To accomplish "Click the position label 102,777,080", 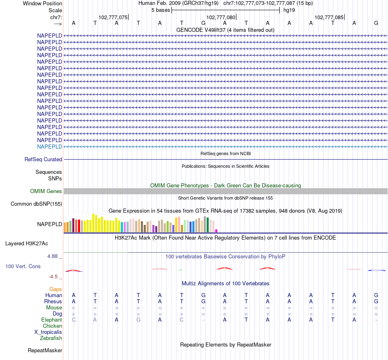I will pos(221,17).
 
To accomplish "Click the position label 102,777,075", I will pos(113,17).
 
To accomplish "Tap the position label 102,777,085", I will pos(329,17).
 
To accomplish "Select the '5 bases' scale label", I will pos(161,10).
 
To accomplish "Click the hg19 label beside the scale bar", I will pos(289,10).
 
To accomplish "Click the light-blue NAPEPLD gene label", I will pos(49,147).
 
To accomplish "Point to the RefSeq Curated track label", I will pos(43,160).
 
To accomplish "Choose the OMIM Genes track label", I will pos(46,191).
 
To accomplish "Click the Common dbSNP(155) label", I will pos(36,204).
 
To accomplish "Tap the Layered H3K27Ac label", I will pos(27,244).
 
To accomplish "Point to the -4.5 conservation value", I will pos(54,276).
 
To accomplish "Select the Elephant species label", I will pos(51,320).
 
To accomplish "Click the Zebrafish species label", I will pos(51,338).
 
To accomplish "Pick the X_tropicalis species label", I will pos(48,332).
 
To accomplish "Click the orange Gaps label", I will pos(56,289).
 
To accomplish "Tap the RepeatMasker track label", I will pos(45,350).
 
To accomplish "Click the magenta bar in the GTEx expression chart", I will pos(216,231).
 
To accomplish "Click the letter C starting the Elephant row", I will pos(74,320).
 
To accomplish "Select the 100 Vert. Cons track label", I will pos(23,266).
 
